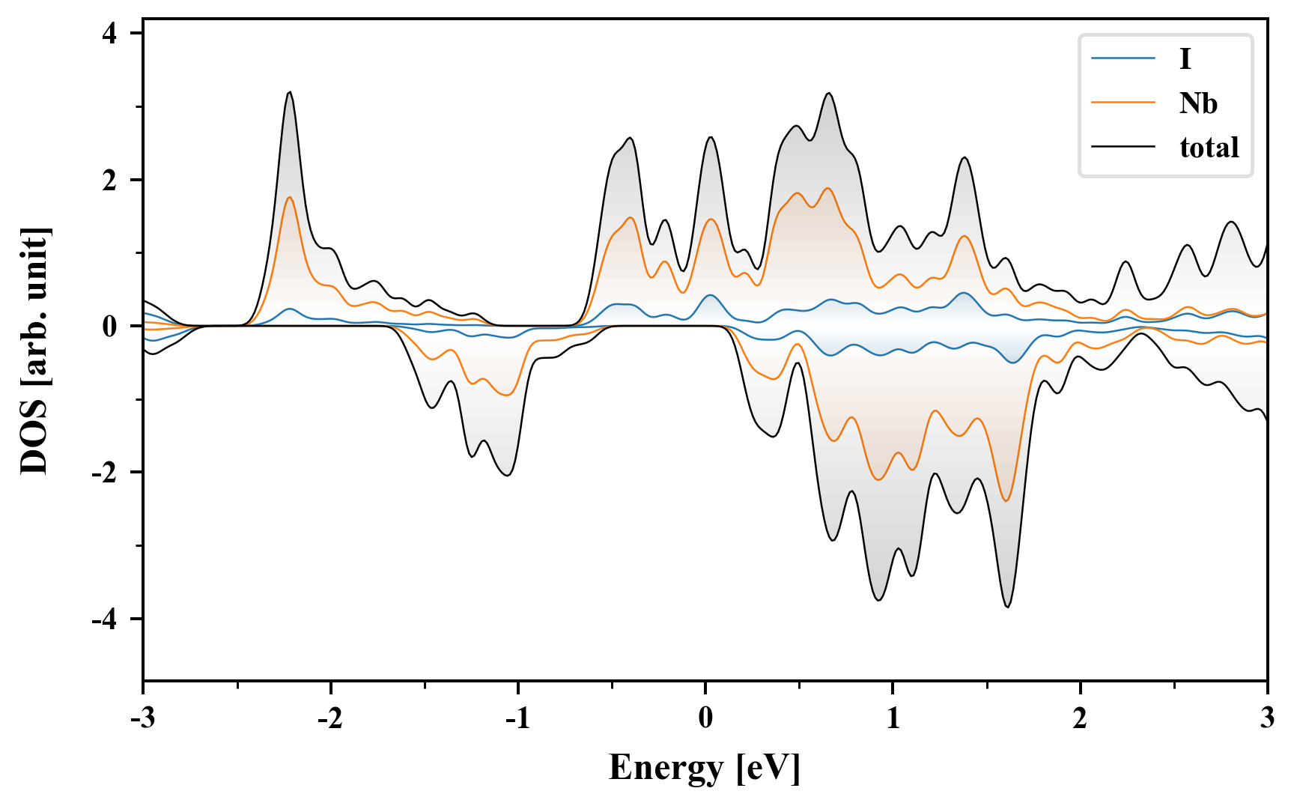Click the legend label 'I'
1185,58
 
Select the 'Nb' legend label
1198,103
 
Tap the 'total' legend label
1209,148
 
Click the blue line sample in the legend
1123,58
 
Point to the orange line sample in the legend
1123,103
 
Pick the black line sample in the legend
1123,148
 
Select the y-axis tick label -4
104,619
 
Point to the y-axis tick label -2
104,473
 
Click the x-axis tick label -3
142,719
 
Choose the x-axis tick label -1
517,719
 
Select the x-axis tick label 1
893,719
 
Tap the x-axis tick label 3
1267,719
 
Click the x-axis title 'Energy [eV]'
705,768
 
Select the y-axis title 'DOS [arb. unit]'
34,351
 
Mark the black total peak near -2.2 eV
289,92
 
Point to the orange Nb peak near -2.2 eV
289,197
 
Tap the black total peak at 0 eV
710,137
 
